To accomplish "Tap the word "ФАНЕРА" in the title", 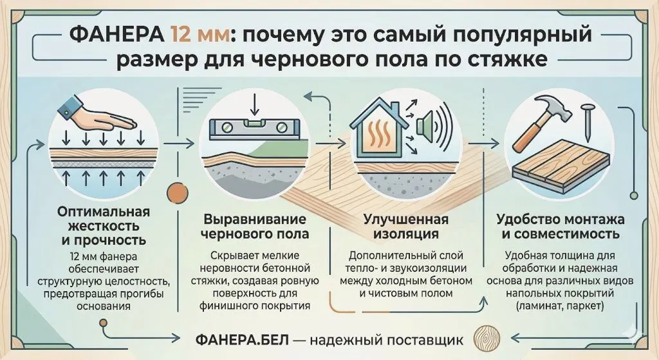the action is pyautogui.click(x=116, y=35).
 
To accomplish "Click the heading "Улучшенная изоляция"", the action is pyautogui.click(x=406, y=226).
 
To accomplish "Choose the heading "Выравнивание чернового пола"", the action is pyautogui.click(x=255, y=226).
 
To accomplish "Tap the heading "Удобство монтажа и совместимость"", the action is pyautogui.click(x=561, y=226).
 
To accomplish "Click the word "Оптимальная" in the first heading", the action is pyautogui.click(x=104, y=211).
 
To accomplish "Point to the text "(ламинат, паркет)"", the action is pyautogui.click(x=561, y=306).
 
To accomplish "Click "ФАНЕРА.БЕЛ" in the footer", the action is pyautogui.click(x=243, y=339).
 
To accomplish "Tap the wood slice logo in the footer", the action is pyautogui.click(x=487, y=337).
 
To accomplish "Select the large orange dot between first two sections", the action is pyautogui.click(x=177, y=194).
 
